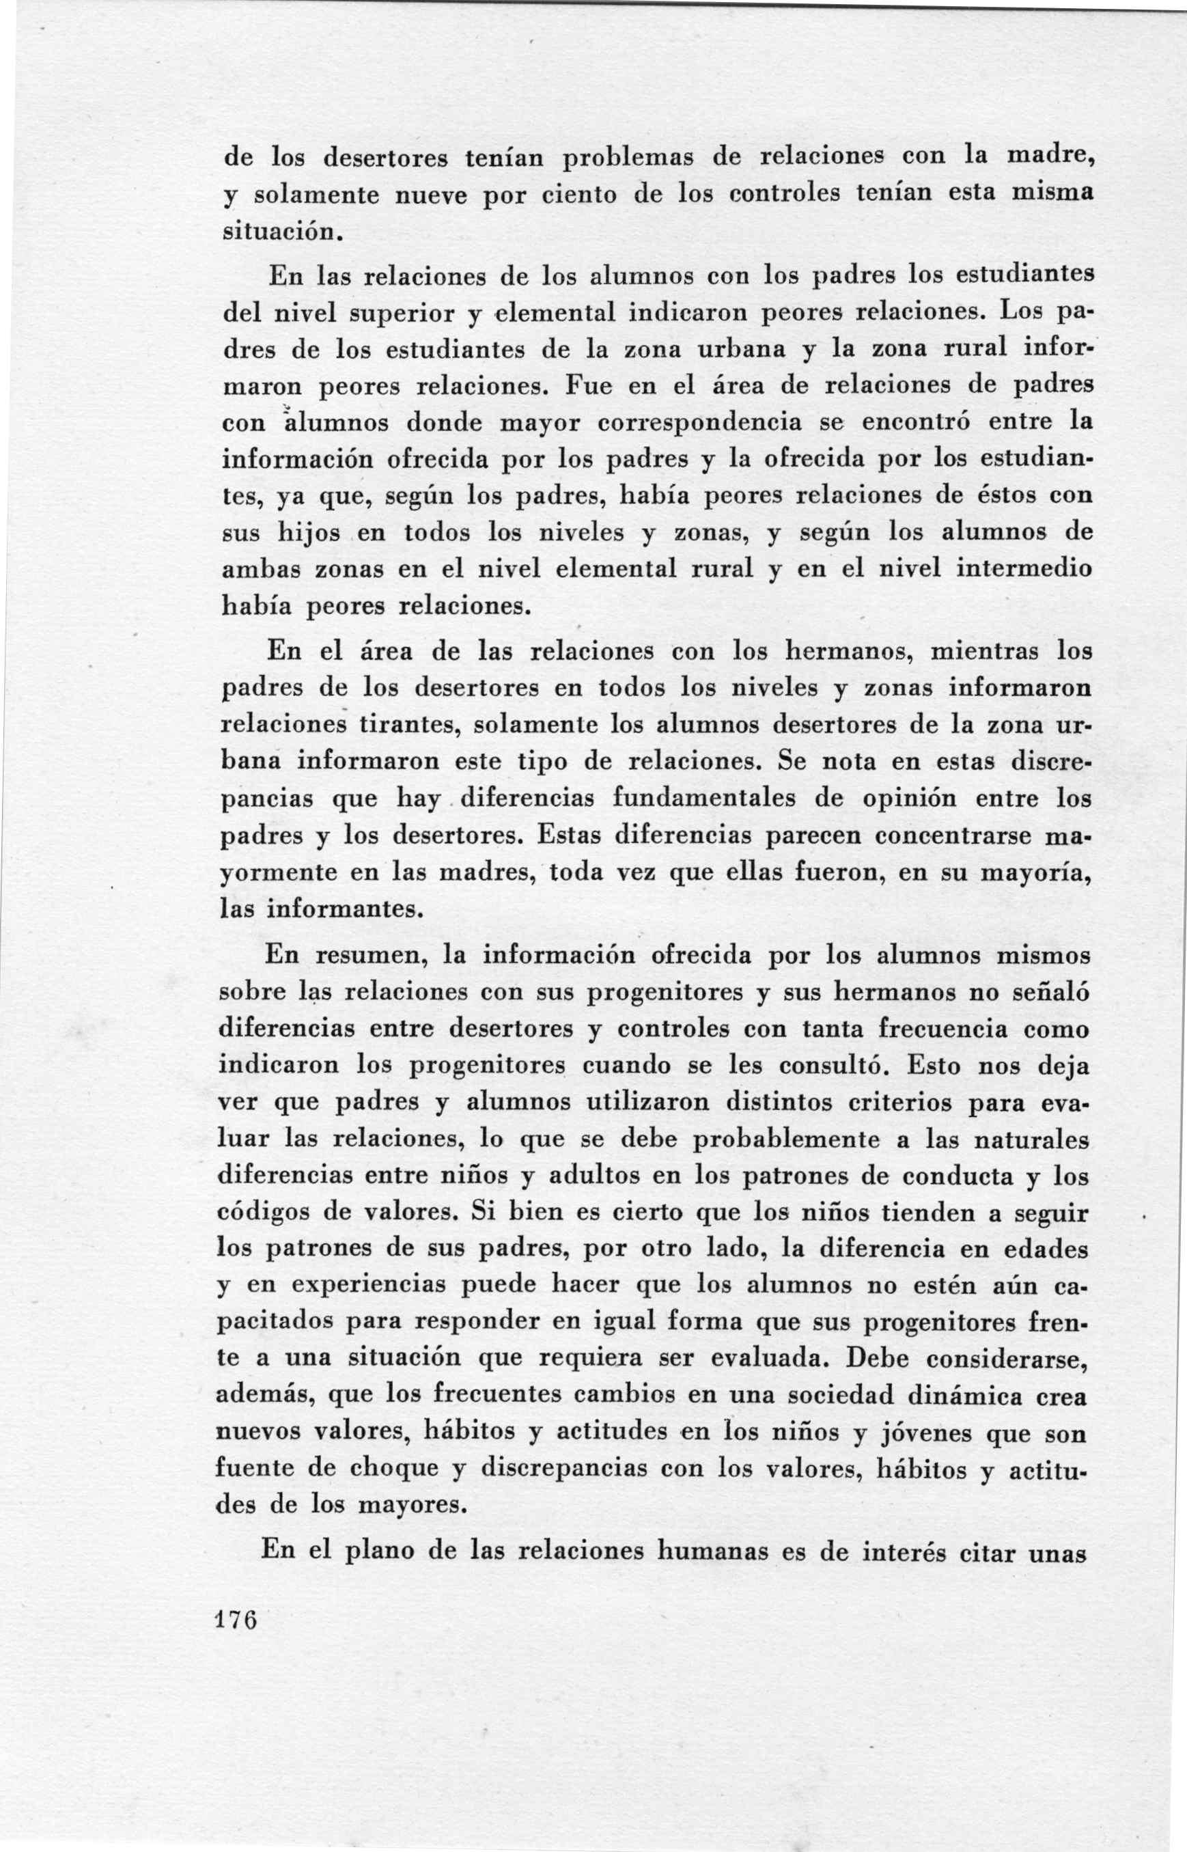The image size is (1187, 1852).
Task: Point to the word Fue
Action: (x=588, y=386)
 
